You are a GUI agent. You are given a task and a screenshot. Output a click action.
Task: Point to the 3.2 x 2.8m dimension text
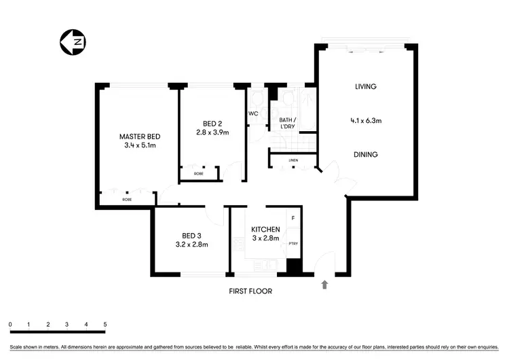point(191,244)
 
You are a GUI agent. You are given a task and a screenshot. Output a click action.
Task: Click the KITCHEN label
point(265,230)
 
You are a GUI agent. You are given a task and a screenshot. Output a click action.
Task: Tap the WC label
point(252,113)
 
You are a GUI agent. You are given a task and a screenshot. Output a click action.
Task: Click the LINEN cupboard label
point(293,161)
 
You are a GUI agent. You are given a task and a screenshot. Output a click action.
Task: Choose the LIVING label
point(365,87)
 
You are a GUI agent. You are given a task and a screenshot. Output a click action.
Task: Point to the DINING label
point(365,154)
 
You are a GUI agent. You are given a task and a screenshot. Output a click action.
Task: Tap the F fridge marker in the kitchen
point(293,218)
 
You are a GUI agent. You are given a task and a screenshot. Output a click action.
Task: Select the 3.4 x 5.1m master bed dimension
point(140,145)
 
